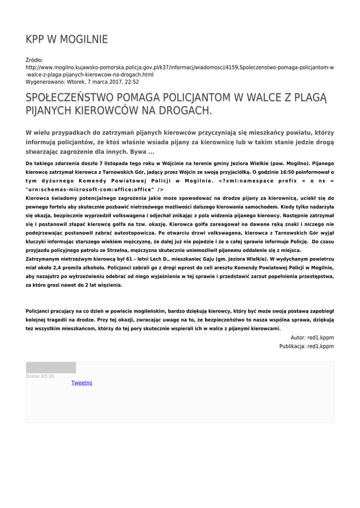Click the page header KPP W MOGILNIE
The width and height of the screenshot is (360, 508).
click(x=67, y=39)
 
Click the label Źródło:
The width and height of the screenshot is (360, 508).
click(x=34, y=60)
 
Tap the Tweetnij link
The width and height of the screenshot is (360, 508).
click(x=81, y=382)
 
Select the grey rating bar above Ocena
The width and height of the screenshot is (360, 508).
click(x=51, y=368)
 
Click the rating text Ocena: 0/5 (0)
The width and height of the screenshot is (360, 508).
click(x=40, y=376)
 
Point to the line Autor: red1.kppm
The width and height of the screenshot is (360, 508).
click(x=312, y=337)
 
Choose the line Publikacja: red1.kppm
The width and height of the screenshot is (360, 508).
click(x=306, y=346)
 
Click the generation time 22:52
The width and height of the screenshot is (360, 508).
click(x=132, y=82)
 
